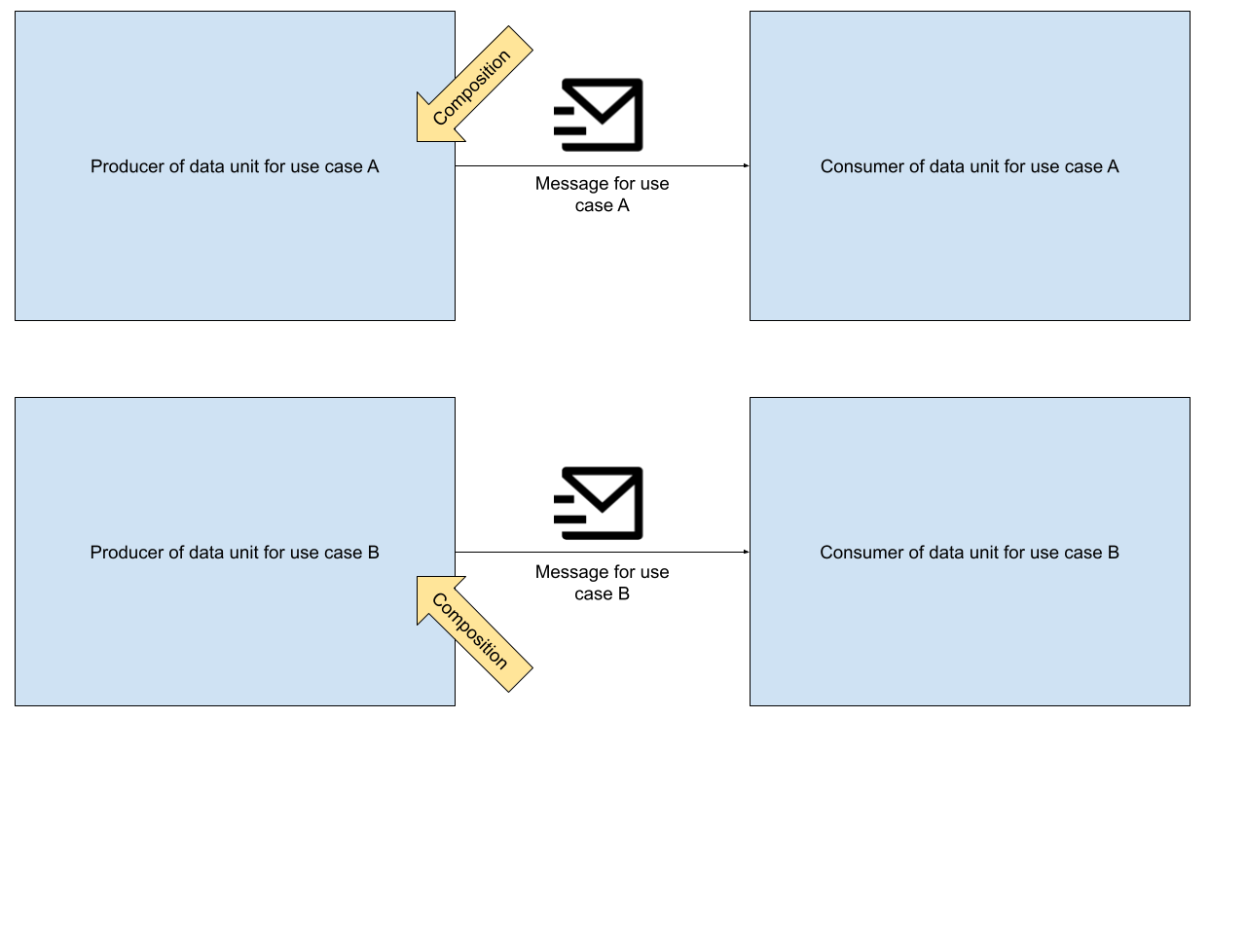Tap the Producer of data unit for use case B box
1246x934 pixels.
235,467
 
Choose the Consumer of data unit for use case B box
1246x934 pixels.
970,467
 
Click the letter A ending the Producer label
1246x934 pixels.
373,166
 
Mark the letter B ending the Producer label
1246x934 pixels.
373,553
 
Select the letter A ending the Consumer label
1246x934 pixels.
1113,166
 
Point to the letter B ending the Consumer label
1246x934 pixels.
1113,553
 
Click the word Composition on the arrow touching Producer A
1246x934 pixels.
472,87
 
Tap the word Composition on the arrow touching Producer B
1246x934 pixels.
470,631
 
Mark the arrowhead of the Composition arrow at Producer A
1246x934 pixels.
429,128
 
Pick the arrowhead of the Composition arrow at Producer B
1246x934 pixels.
429,590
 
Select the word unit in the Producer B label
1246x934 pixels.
244,553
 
